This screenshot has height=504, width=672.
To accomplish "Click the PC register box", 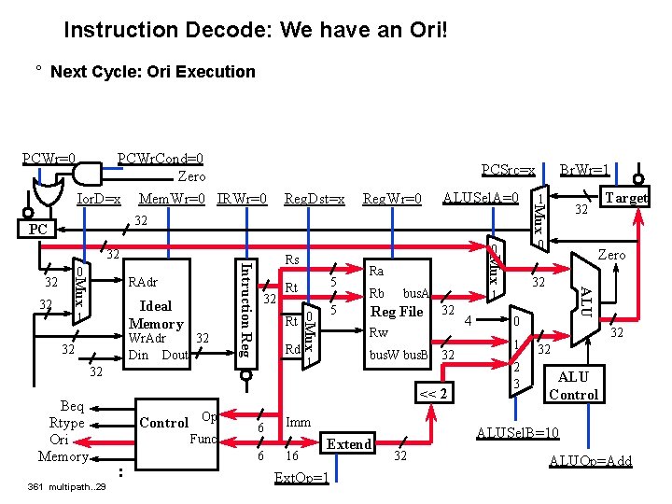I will [x=37, y=228].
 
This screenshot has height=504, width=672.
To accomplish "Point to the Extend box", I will [x=349, y=444].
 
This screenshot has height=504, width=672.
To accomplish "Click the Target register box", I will [x=624, y=198].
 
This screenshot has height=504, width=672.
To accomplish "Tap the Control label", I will [x=163, y=423].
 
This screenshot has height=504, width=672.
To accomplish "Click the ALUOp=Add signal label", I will [x=591, y=460].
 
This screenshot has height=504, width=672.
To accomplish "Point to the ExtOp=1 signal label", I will [x=301, y=478].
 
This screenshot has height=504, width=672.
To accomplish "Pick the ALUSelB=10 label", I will [x=518, y=432].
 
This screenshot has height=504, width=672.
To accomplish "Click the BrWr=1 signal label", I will [x=584, y=171].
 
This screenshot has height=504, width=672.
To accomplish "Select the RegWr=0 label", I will [x=392, y=198].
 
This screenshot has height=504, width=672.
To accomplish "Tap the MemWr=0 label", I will [x=172, y=198].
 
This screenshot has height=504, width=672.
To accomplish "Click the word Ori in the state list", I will [x=60, y=439].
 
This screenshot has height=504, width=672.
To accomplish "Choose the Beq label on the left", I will [x=72, y=406].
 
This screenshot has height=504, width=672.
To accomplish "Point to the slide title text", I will [x=256, y=30].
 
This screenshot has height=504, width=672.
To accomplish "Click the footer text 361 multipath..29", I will [x=67, y=487].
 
